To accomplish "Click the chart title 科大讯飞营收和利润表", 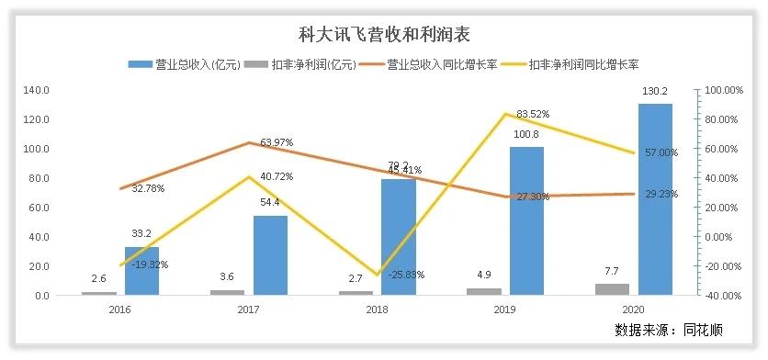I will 383,35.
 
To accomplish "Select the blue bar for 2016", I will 141,271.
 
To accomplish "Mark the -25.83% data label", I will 403,274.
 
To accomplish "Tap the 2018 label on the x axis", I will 377,310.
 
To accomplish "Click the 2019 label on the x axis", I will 505,310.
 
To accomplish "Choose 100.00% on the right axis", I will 721,90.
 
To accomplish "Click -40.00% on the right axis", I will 722,296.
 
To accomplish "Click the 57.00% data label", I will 660,152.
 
